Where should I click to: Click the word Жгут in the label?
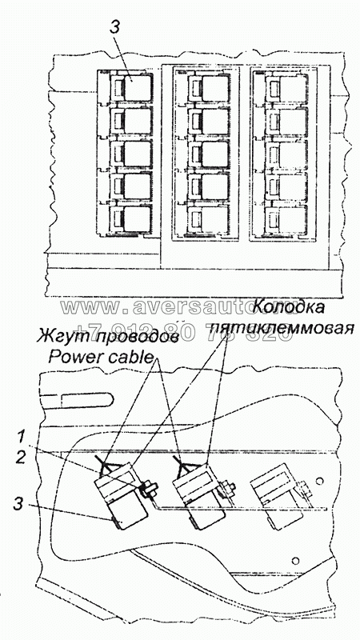[x=58, y=338]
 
